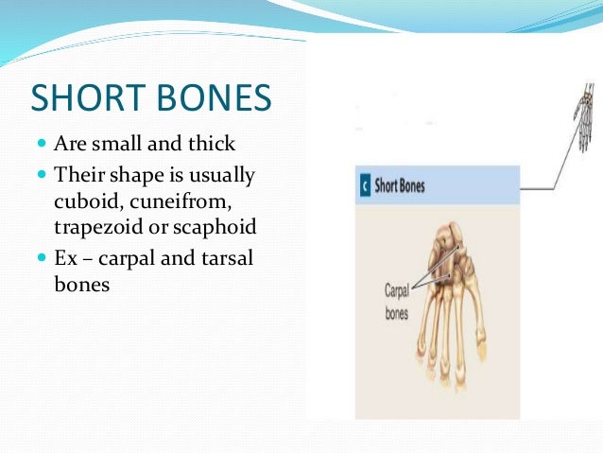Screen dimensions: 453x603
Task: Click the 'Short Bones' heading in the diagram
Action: click(400, 185)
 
